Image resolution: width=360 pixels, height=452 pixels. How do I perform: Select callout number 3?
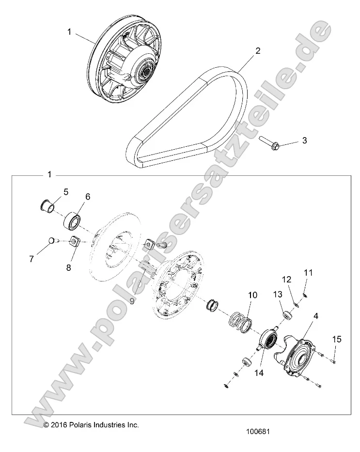pos(305,141)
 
